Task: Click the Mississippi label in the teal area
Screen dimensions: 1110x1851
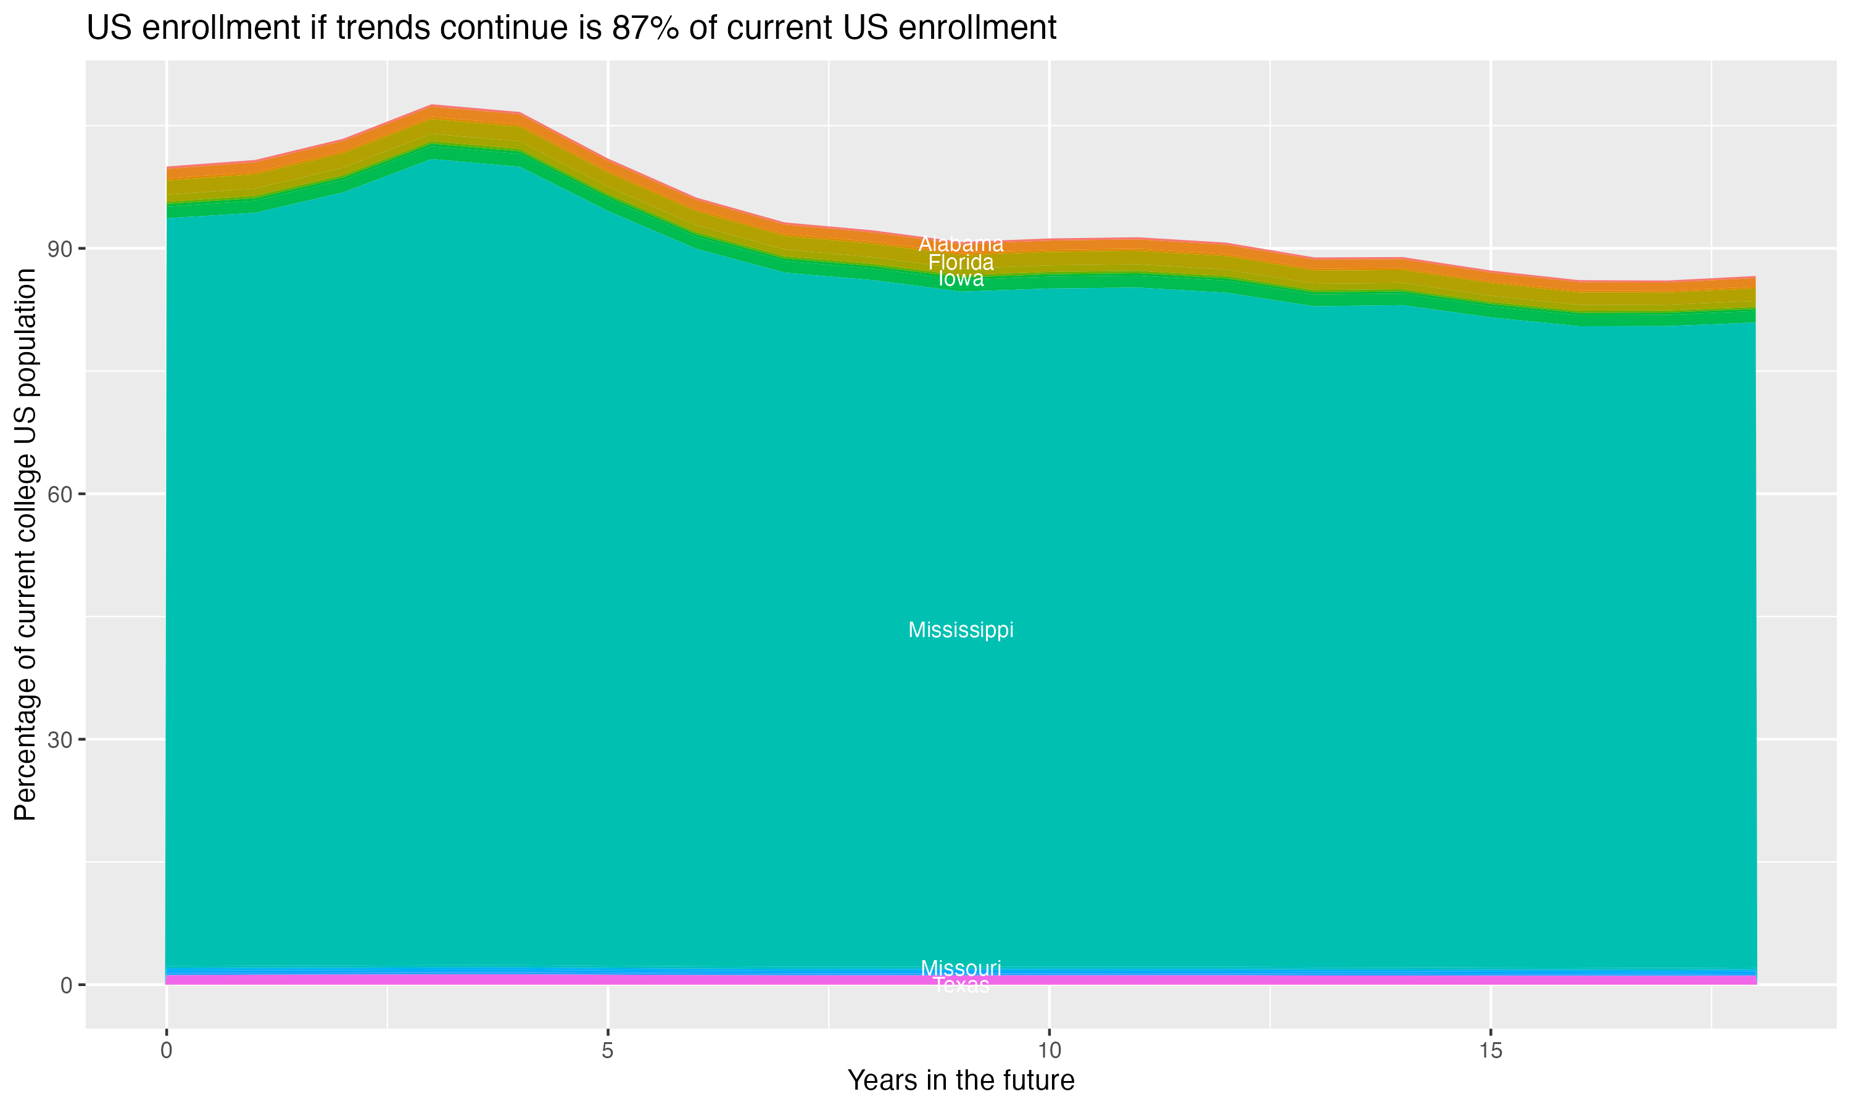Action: coord(961,630)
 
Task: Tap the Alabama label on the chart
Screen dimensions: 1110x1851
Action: coord(961,244)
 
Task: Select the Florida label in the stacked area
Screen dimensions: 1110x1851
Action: coord(961,263)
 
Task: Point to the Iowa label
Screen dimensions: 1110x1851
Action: coord(961,279)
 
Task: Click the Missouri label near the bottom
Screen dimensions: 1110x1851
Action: coord(961,968)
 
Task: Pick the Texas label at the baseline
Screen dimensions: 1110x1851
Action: coord(961,986)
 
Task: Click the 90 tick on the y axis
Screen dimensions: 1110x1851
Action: coord(60,249)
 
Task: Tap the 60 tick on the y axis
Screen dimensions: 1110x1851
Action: coord(60,495)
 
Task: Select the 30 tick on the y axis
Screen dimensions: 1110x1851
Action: coord(60,740)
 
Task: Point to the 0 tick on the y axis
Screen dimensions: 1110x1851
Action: coord(67,985)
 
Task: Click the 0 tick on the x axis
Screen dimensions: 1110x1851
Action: coord(166,1051)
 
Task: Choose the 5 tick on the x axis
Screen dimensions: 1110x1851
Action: coord(608,1051)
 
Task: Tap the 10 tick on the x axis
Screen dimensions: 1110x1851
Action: coord(1049,1051)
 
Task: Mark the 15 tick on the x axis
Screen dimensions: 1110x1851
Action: coord(1491,1051)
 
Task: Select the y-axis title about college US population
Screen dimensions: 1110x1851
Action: coord(25,545)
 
